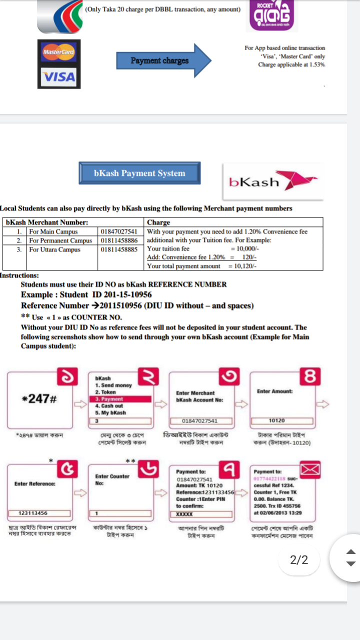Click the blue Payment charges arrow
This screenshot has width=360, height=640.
pos(164,60)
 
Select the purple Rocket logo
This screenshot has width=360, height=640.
pos(272,16)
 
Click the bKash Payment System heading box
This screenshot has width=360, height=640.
pos(139,173)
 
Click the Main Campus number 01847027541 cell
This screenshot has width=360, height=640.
pos(119,231)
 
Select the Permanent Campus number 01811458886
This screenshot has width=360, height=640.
pos(119,240)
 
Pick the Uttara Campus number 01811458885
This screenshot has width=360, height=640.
pos(119,249)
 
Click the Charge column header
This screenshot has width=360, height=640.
pos(158,222)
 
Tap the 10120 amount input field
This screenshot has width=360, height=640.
pos(276,420)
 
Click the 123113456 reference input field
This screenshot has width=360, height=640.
pos(33,513)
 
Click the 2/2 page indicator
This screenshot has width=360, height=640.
pos(299,559)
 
